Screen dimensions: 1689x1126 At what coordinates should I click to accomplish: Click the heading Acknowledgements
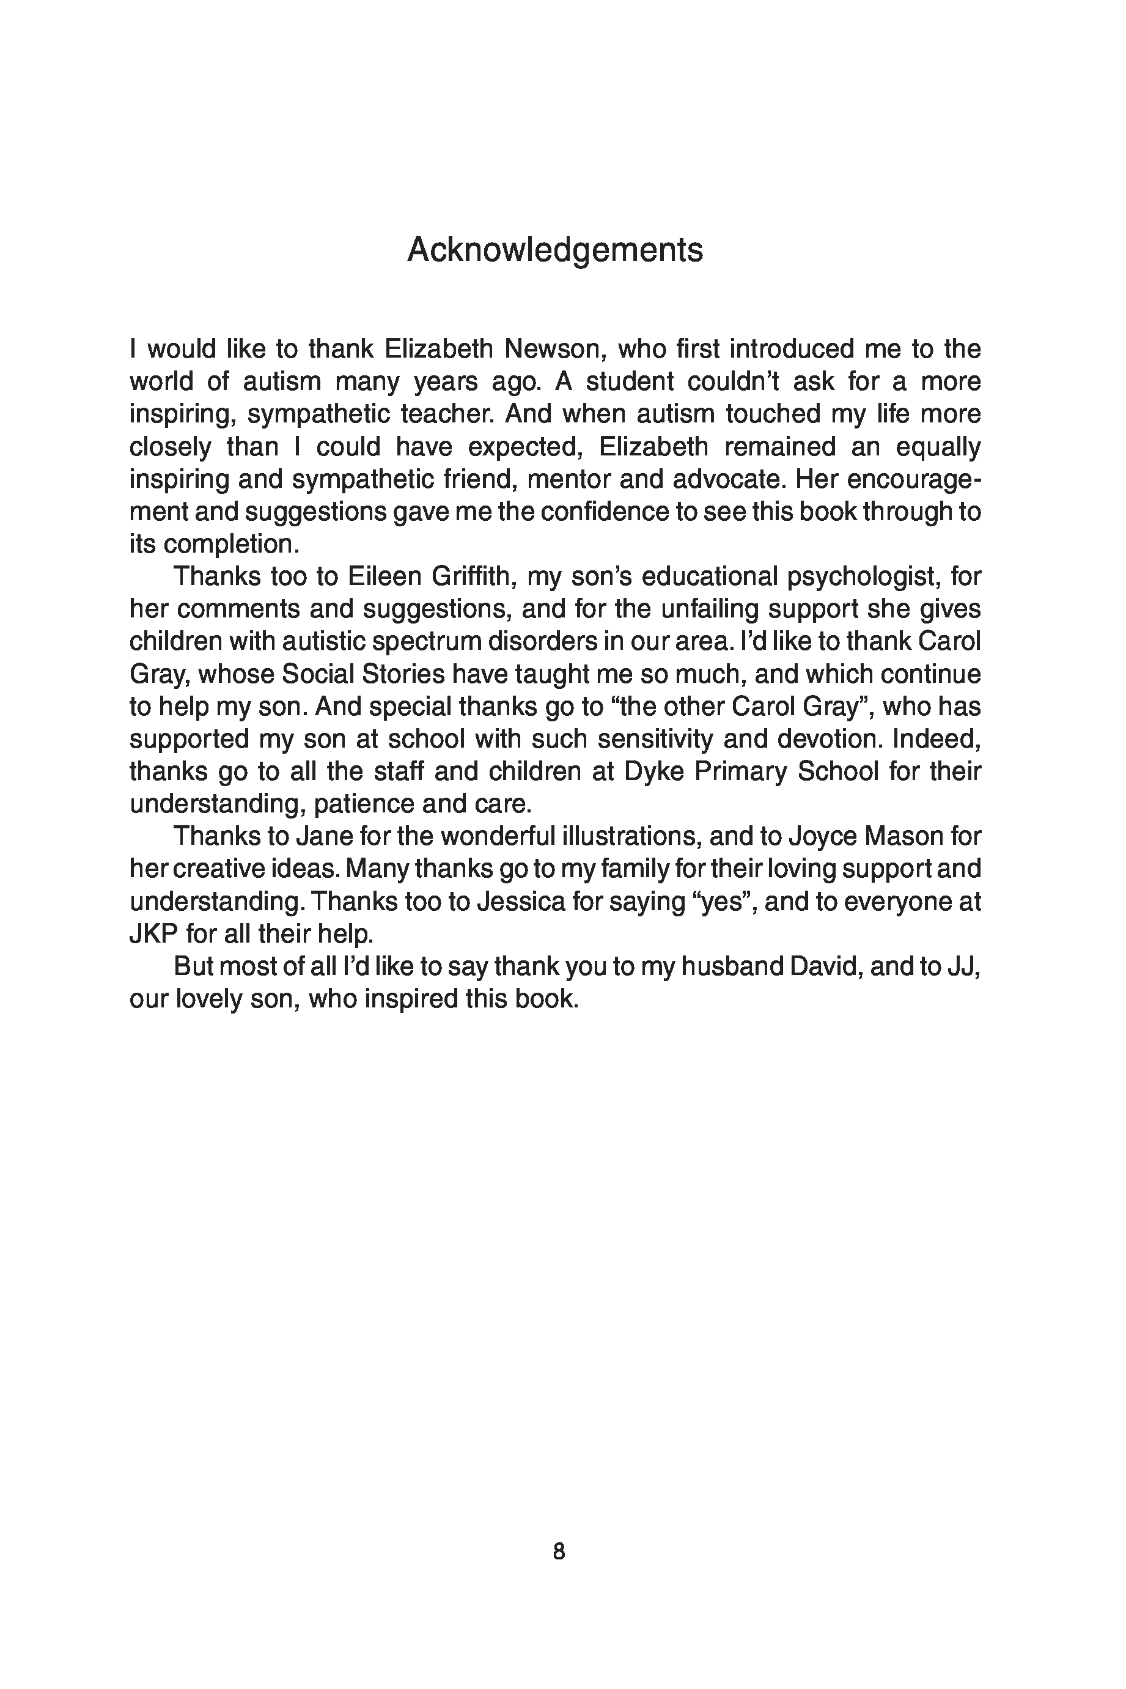[x=554, y=250]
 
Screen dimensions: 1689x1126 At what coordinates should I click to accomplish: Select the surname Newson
[x=550, y=349]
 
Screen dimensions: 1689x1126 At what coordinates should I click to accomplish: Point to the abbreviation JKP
[x=153, y=934]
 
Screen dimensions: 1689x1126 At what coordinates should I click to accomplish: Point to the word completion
[x=230, y=544]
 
